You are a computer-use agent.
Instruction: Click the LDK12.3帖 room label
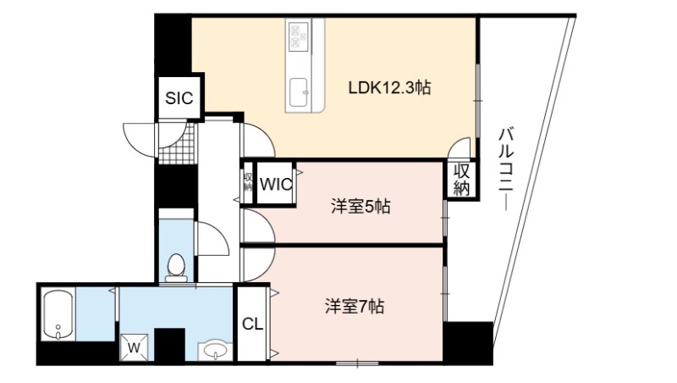pos(389,88)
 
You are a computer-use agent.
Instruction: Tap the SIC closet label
pos(179,98)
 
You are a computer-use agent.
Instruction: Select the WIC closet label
pos(276,185)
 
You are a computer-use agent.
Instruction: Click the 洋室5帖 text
pos(361,207)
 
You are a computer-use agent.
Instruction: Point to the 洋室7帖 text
pos(355,307)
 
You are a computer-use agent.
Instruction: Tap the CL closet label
pos(252,324)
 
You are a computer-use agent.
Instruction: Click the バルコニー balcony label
pos(506,169)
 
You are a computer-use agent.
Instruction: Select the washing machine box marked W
pos(135,347)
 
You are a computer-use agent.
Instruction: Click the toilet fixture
pos(176,268)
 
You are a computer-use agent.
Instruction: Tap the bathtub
pos(58,314)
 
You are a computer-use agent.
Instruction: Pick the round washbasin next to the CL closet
pos(216,350)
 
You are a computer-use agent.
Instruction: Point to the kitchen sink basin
pos(299,92)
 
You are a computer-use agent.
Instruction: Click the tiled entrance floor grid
pos(178,143)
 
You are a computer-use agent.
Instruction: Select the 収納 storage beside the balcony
pos(461,180)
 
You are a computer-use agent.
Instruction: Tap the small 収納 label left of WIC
pos(248,182)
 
